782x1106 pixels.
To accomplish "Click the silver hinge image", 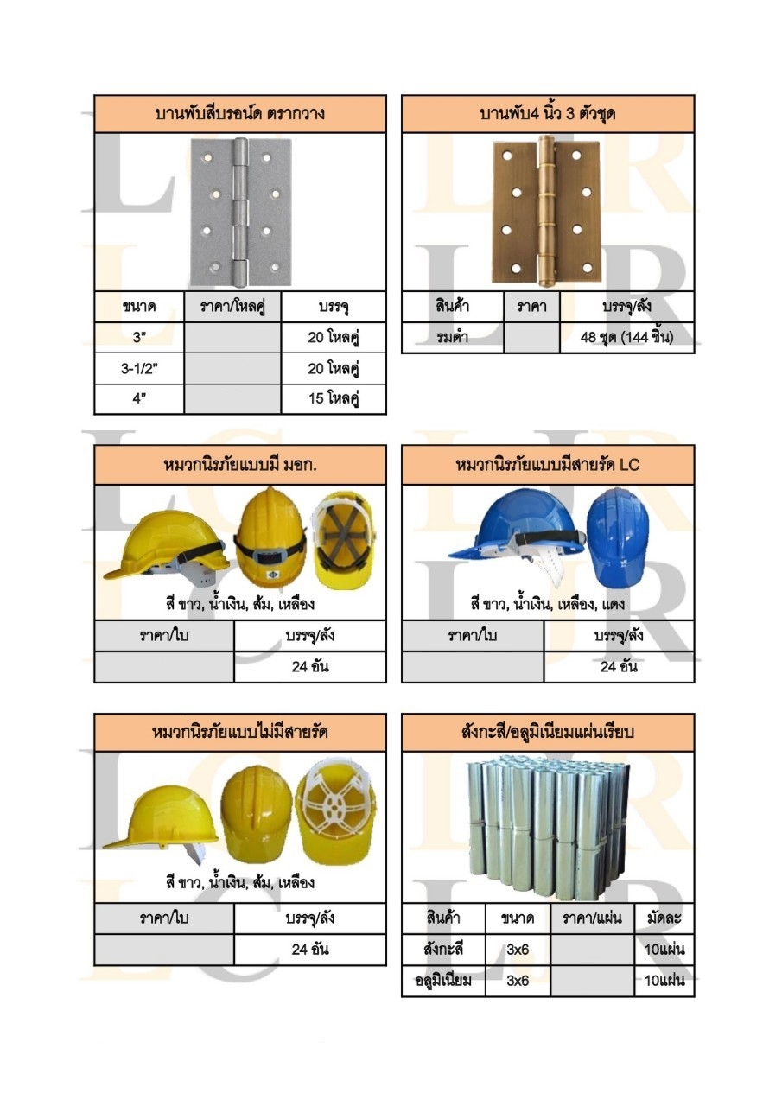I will (239, 215).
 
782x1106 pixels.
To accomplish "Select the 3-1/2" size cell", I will (139, 369).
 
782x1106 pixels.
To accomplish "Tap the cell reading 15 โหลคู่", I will (334, 399).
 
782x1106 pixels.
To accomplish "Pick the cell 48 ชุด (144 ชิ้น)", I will (627, 337).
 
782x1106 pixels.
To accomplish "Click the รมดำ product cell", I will (453, 337).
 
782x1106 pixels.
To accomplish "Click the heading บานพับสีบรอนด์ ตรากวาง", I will (240, 113).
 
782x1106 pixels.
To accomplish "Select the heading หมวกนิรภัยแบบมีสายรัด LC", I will (548, 465).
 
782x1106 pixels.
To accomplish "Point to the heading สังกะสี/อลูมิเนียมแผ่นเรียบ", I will (548, 733).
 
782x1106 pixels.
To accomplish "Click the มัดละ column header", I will (664, 918).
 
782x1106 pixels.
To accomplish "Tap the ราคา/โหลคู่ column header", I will (233, 307).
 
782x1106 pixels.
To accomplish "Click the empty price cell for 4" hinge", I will (233, 399).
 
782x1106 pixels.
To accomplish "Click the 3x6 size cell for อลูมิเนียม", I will (518, 981).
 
